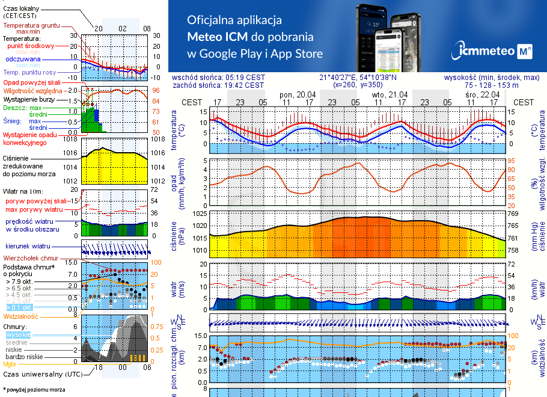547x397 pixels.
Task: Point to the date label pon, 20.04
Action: coord(298,95)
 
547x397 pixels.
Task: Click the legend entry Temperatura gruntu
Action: coord(31,26)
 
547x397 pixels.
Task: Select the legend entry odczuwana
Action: coord(23,60)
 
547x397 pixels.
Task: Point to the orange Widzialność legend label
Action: coord(21,315)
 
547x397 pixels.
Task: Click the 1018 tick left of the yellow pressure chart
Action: coord(71,140)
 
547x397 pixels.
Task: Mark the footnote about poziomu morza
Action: coord(33,389)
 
